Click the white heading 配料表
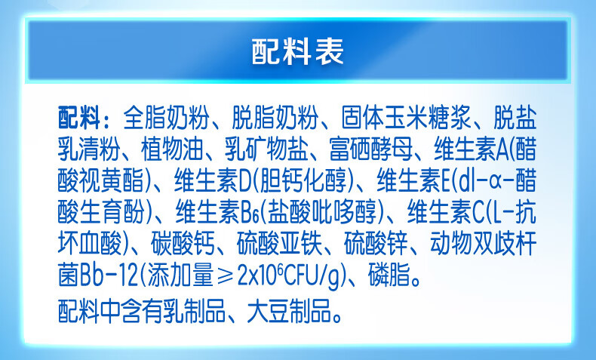(297, 51)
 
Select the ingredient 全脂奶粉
(166, 118)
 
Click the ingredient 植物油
(171, 149)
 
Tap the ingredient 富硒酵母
(370, 149)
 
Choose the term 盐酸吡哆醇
(322, 212)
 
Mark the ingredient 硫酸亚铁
(278, 243)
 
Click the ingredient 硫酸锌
(375, 243)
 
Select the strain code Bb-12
(109, 275)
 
